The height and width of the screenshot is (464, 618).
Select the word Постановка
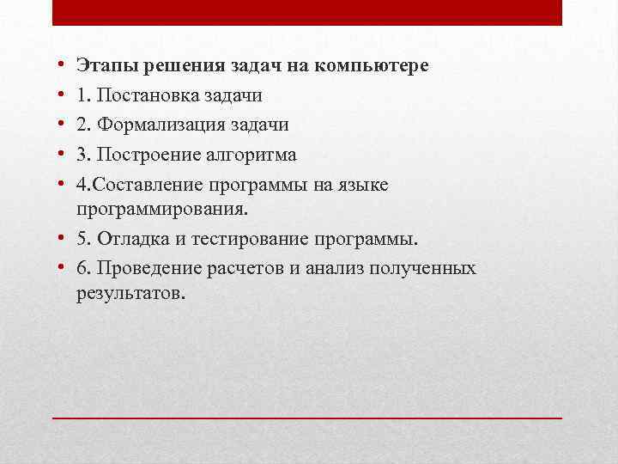[x=143, y=95]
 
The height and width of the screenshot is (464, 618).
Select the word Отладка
[x=133, y=238]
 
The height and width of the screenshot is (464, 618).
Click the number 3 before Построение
[x=81, y=155]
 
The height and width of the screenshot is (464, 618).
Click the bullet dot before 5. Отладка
[x=64, y=238]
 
